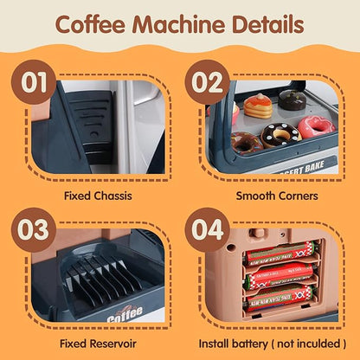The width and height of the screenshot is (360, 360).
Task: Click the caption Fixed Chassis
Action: click(x=98, y=196)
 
